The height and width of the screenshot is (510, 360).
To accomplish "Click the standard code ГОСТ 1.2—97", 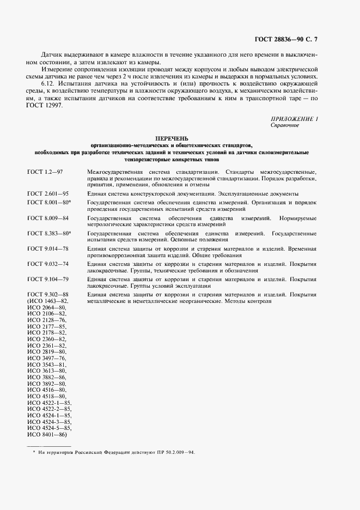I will pos(46,172).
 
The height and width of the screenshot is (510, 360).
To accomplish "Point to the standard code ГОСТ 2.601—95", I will pos(47,193).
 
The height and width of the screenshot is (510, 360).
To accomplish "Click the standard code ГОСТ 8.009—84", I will pos(47,217).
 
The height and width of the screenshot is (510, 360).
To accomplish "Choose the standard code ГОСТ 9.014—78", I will pos(47,249).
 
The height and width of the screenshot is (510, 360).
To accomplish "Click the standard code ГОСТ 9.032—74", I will pos(47,264).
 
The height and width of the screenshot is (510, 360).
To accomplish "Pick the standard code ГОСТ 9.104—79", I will pos(47,280).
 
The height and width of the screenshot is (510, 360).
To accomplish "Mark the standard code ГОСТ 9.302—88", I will pos(47,295).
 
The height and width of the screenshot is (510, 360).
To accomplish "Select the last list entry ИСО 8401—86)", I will pos(47,434).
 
